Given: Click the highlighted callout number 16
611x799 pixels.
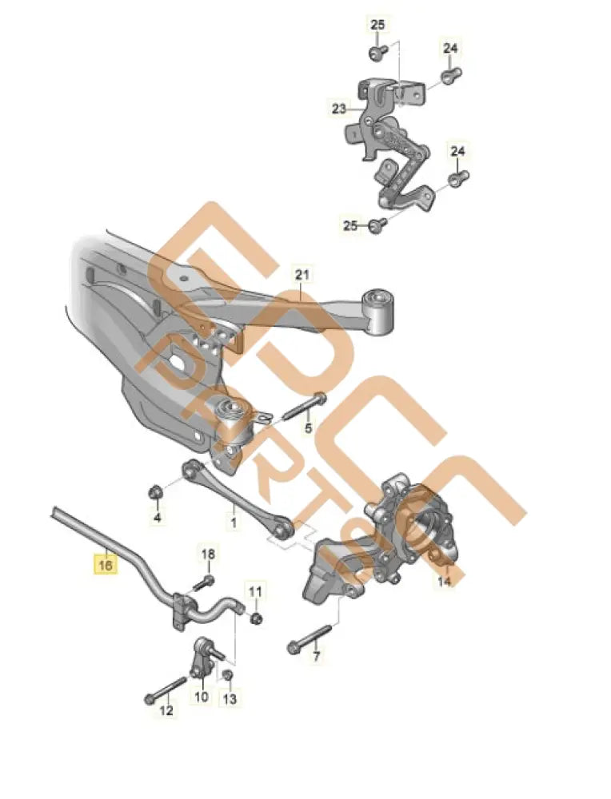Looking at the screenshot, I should click(106, 565).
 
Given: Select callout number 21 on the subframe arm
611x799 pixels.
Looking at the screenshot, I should click(301, 276).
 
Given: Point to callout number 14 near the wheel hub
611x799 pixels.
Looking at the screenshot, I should click(444, 582).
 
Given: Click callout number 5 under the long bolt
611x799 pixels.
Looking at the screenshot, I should click(308, 429).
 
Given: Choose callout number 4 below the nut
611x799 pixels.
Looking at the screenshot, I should click(157, 519).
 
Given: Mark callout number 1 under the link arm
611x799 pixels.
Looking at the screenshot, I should click(234, 524).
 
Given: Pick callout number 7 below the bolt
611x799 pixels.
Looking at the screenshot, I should click(316, 657).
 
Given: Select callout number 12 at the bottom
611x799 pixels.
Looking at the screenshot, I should click(166, 710).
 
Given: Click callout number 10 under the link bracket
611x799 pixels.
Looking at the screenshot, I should click(200, 698).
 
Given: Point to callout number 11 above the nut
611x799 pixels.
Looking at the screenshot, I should click(255, 591).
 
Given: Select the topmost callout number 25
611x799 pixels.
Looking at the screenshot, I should click(377, 26).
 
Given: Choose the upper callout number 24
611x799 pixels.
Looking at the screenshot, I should click(451, 49).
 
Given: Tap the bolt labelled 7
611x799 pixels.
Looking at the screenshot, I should click(307, 637).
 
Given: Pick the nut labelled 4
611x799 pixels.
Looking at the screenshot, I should click(157, 491).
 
